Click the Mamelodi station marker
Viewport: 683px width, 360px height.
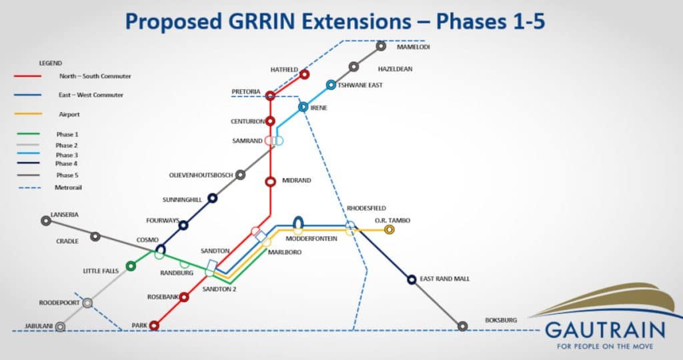coord(381,46)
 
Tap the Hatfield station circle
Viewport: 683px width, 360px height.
coord(304,75)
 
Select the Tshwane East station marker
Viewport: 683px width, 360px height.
coord(331,85)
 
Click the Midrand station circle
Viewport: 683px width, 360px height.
coord(271,181)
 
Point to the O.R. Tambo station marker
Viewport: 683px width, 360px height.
coord(390,229)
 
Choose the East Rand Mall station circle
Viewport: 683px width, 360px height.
coord(412,279)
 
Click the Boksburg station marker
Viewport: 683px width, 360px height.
coord(463,326)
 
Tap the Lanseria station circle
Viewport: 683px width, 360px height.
coord(46,221)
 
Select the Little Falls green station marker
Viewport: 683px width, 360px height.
coord(131,265)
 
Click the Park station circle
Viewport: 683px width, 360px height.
coord(154,325)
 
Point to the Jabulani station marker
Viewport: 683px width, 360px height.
coord(61,327)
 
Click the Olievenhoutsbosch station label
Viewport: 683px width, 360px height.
coord(201,175)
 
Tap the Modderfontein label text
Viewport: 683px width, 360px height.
coord(311,239)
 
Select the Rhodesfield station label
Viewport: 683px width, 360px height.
coord(366,208)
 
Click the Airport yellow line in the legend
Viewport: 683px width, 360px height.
coord(28,114)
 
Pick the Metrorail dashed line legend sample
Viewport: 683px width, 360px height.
coord(29,188)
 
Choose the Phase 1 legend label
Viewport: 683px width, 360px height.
coord(67,135)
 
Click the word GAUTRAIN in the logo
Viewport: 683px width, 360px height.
coord(605,331)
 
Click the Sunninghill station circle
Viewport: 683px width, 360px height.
coord(212,198)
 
